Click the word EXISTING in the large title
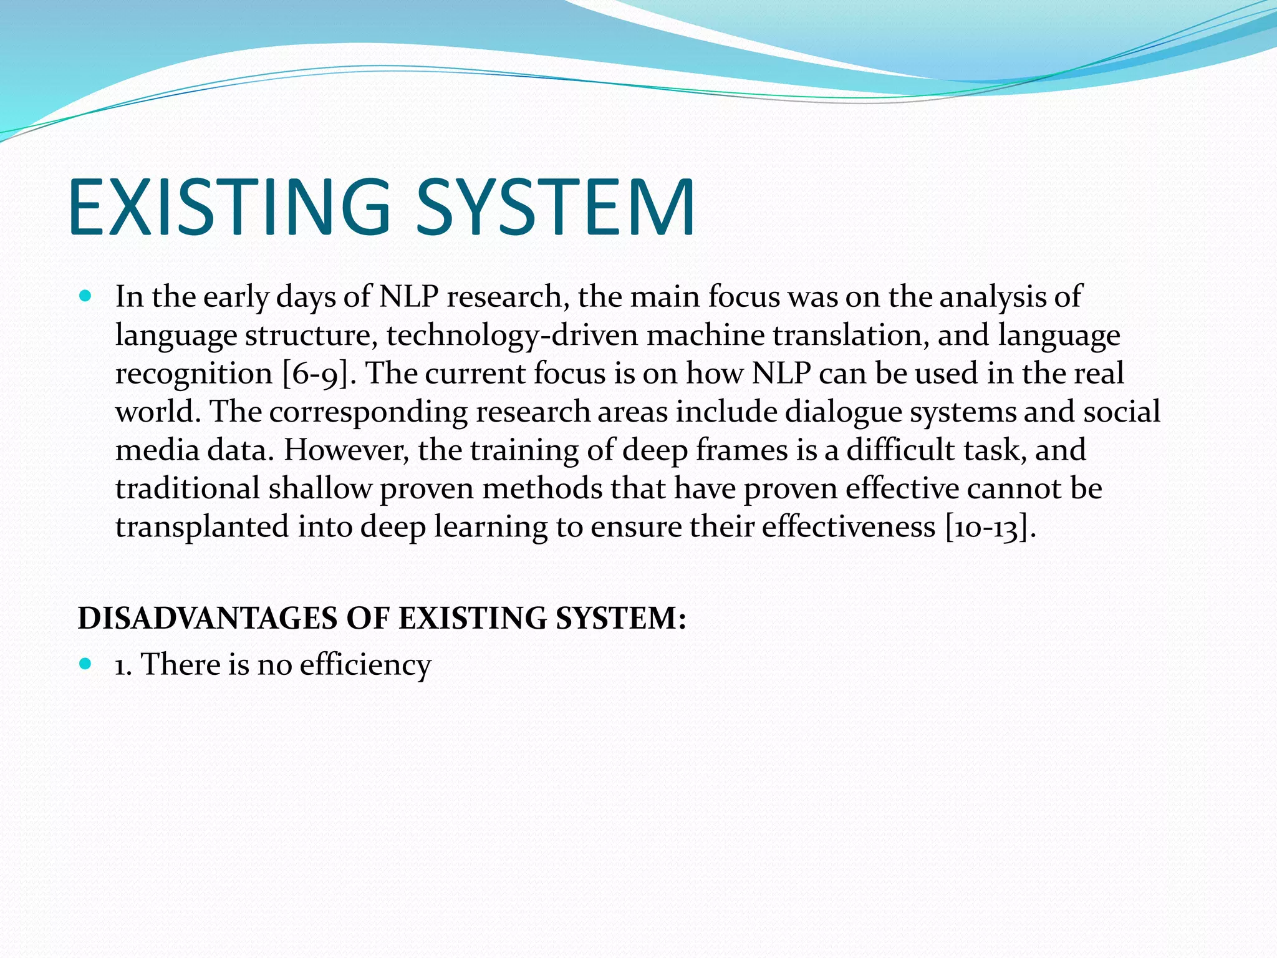coord(229,208)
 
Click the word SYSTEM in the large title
coord(555,208)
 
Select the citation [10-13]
coord(990,527)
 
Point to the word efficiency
coord(365,664)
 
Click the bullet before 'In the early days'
coord(86,296)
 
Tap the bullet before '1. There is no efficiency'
coord(86,663)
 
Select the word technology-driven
coord(512,336)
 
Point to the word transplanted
coord(202,527)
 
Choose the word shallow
coord(320,488)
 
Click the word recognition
coord(194,374)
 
